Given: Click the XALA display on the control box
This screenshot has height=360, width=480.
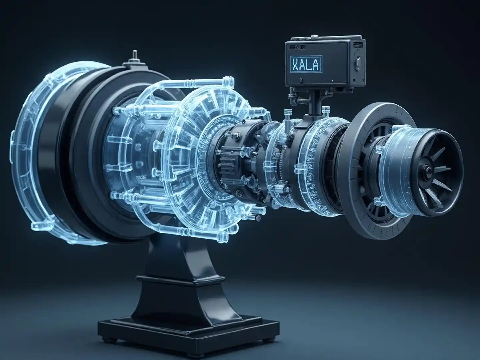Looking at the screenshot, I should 306,64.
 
